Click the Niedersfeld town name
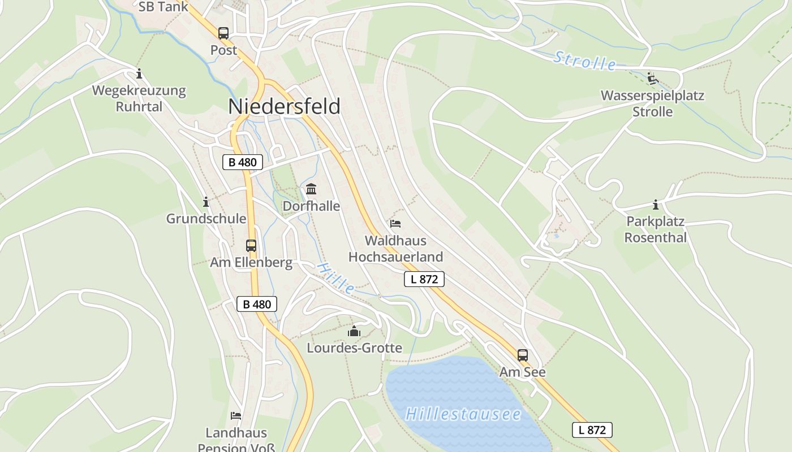[x=285, y=106]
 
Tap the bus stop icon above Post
[x=223, y=33]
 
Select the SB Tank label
[x=163, y=7]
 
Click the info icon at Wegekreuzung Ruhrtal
[x=139, y=74]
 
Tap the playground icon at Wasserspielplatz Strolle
[x=652, y=79]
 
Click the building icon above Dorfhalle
[x=311, y=189]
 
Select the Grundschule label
[x=206, y=219]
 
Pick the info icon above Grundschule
[x=206, y=202]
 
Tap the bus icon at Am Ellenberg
[x=251, y=246]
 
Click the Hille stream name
[x=336, y=277]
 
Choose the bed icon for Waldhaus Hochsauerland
[x=395, y=224]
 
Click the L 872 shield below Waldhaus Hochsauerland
[x=424, y=279]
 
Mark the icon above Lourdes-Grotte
[x=354, y=331]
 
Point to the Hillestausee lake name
[x=463, y=414]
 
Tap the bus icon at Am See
[x=523, y=355]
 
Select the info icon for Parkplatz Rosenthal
[x=656, y=205]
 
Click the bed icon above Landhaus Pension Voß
[x=236, y=416]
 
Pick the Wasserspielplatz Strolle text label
[x=652, y=103]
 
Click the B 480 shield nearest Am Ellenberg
[x=257, y=304]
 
